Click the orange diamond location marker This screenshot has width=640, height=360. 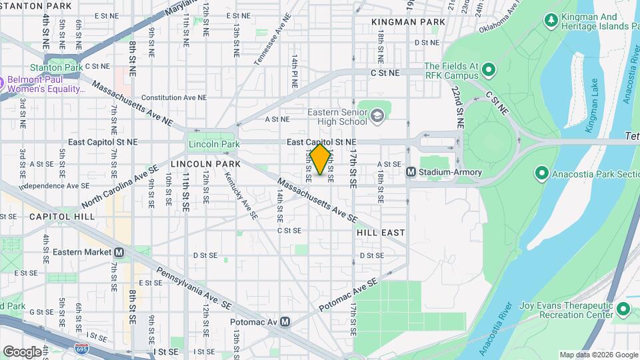point(321,159)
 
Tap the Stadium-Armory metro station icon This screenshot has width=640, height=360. point(411,172)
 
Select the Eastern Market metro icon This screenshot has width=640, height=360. point(119,252)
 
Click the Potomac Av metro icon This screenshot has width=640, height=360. point(285,322)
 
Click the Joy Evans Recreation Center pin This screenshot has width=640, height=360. point(623,309)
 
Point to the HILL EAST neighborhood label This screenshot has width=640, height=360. point(380,233)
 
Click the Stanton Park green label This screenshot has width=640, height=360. point(55,67)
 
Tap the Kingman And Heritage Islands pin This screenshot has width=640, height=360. point(551,22)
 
